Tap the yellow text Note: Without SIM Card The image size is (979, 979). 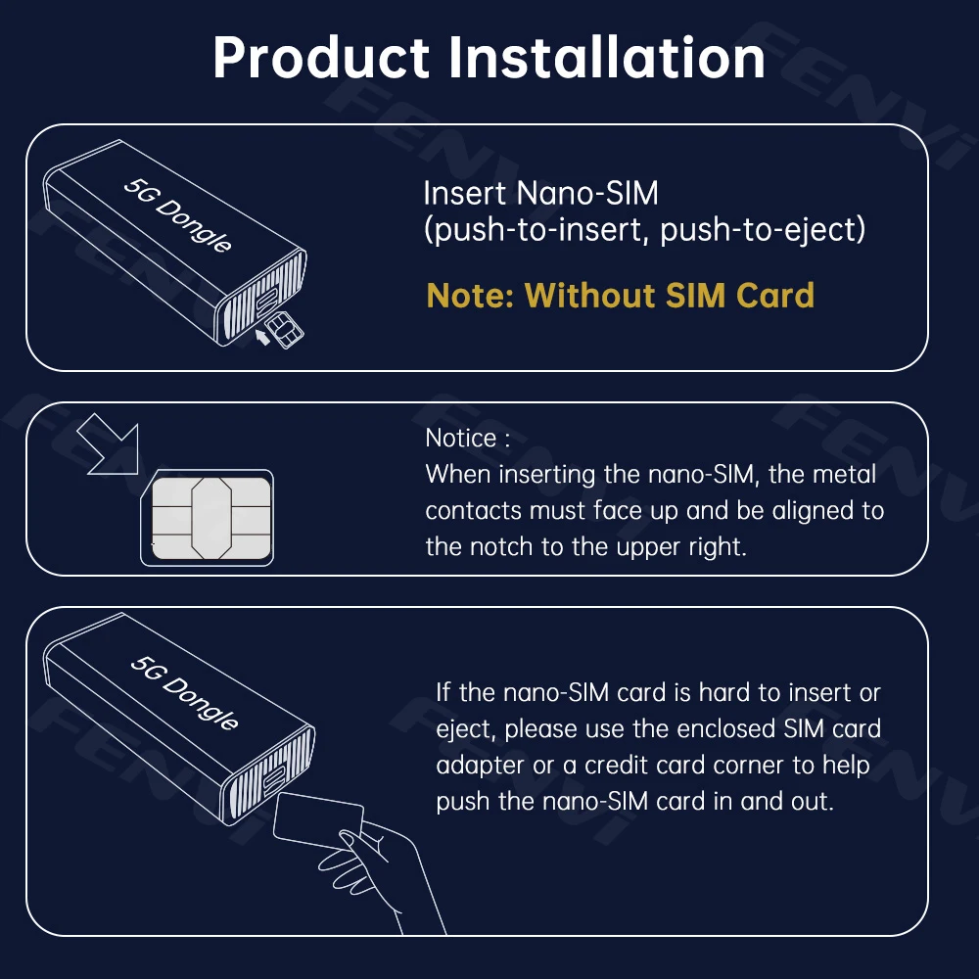coord(620,295)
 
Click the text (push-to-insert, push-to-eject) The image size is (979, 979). coord(645,231)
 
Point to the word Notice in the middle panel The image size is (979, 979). coord(460,438)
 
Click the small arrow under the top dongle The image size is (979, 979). coord(261,338)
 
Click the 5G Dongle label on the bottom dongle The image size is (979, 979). coord(185,691)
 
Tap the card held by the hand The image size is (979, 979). coord(319,820)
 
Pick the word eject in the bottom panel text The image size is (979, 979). coord(467,729)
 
